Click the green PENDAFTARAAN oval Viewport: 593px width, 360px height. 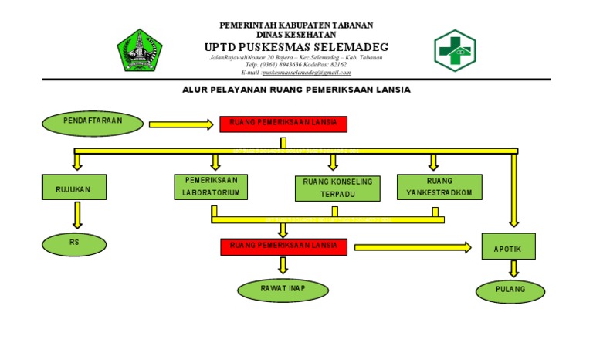pos(92,122)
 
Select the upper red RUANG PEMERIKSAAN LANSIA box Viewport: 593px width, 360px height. pos(283,124)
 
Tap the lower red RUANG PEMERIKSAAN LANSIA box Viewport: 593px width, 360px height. pos(283,246)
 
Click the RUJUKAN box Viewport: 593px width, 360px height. pos(73,188)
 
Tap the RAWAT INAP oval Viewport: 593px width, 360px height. pos(283,290)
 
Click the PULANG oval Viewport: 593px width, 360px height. pos(510,290)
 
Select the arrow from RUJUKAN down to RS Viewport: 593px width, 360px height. pos(76,216)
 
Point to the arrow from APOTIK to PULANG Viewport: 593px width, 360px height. pos(513,269)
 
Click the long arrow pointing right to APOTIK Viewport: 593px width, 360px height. pos(413,247)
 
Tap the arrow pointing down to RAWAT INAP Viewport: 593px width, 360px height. pos(283,265)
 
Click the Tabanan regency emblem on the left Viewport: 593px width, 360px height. pos(140,50)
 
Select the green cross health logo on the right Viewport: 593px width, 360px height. pos(455,50)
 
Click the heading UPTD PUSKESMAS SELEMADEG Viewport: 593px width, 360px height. pos(296,46)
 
